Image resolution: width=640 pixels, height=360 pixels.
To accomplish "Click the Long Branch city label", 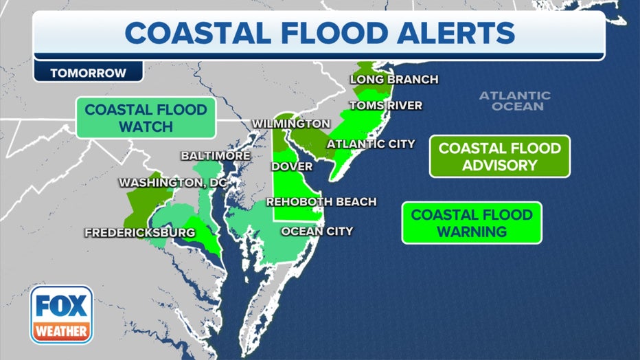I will pyautogui.click(x=393, y=79).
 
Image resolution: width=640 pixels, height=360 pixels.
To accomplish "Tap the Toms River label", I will pyautogui.click(x=385, y=106).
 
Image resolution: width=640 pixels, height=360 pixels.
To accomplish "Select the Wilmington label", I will pyautogui.click(x=290, y=123).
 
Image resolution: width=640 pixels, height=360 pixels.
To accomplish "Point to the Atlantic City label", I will pyautogui.click(x=370, y=144).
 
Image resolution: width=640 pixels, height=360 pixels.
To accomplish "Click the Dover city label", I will pyautogui.click(x=292, y=166).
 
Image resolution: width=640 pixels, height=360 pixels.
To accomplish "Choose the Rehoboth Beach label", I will pyautogui.click(x=321, y=201).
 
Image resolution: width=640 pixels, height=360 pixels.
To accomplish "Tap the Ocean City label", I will pyautogui.click(x=317, y=231).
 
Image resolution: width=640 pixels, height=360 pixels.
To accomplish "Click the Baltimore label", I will pyautogui.click(x=215, y=156).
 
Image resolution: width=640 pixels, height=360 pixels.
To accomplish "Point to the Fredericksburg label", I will pyautogui.click(x=139, y=233).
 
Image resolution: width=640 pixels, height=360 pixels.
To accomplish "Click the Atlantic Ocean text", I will pyautogui.click(x=514, y=101).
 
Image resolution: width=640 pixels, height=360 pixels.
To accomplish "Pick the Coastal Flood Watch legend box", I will pyautogui.click(x=146, y=117).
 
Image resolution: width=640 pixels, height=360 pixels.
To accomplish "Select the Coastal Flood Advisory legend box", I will pyautogui.click(x=499, y=157).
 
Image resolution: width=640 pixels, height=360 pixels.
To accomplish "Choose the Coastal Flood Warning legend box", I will pyautogui.click(x=472, y=223).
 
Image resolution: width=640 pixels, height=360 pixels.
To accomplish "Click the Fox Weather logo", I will pyautogui.click(x=61, y=314).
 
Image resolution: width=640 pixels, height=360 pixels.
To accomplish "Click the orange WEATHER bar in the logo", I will pyautogui.click(x=61, y=331).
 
